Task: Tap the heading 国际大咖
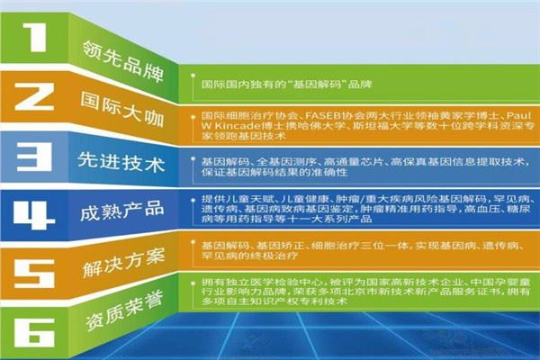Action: tap(118, 99)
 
